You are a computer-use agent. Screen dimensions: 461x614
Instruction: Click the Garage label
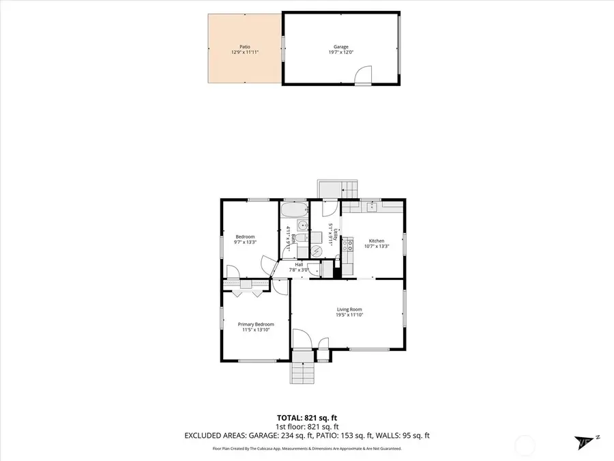340,46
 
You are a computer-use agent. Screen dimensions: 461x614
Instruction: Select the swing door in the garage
363,74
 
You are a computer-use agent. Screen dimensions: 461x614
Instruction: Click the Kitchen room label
377,240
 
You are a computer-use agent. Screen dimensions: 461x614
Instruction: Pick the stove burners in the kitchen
347,245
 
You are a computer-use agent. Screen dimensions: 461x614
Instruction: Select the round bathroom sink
301,223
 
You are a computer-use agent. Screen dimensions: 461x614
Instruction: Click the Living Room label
349,309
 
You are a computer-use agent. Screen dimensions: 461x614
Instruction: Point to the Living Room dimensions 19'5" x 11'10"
349,315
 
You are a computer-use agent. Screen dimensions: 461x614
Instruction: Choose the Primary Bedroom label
256,324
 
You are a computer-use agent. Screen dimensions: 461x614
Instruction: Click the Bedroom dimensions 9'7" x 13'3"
245,242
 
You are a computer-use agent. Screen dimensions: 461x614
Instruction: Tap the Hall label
299,264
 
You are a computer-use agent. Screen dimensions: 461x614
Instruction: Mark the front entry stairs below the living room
301,373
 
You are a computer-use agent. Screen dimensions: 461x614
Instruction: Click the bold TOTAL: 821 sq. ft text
307,417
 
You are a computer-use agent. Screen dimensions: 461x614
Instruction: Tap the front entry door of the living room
302,339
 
